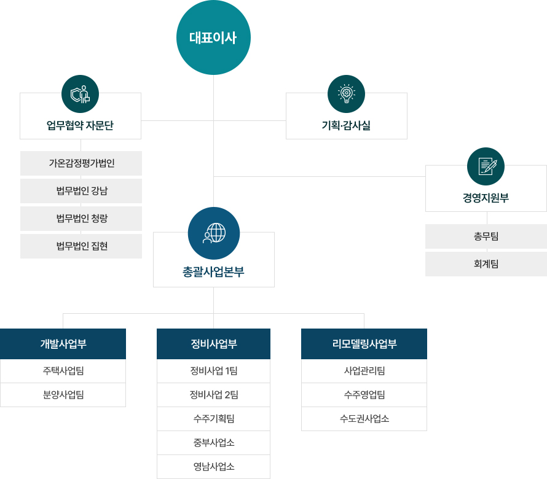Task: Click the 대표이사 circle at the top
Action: (213, 37)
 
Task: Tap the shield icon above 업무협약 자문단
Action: (81, 93)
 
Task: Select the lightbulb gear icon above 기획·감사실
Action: (347, 93)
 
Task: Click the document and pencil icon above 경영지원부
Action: (486, 166)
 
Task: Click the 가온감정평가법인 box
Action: (81, 163)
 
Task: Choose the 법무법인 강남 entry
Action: (81, 191)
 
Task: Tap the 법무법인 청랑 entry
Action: (81, 219)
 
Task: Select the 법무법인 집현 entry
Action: (81, 246)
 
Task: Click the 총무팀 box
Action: (486, 236)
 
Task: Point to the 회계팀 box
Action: (486, 264)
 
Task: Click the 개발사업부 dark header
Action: (63, 344)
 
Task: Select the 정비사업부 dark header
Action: (213, 344)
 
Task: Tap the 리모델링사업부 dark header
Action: (364, 344)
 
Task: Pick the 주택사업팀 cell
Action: (63, 371)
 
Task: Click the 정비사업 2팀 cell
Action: (213, 395)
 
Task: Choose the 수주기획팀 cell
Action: (213, 419)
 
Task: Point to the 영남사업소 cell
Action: (213, 467)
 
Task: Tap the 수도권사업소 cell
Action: (364, 419)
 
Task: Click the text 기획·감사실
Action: (346, 126)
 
